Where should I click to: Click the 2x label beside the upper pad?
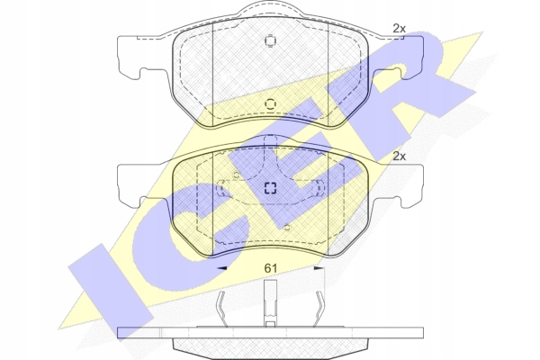399,29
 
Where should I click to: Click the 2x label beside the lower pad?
399,157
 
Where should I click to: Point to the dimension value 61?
270,268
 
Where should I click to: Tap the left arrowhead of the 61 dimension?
221,267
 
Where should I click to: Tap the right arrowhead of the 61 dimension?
319,267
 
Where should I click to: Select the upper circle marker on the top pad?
270,41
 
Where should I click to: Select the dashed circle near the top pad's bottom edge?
270,104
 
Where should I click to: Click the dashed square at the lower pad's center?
270,188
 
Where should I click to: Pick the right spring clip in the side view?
319,308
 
